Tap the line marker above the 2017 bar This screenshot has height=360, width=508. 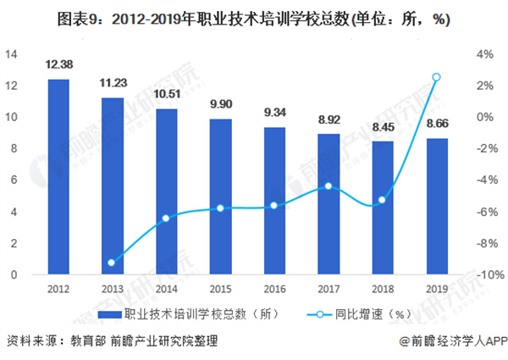328,186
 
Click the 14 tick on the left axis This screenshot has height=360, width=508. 12,54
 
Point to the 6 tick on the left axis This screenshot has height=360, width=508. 14,180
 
